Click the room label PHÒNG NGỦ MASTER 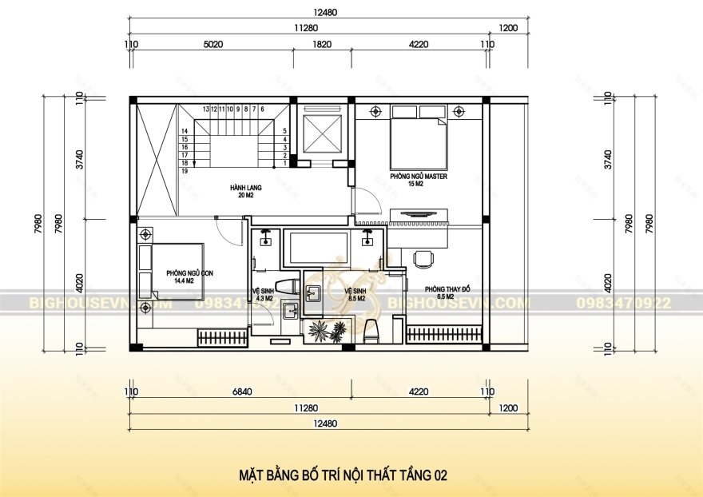point(418,176)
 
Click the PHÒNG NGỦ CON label point(189,273)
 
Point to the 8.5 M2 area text point(355,298)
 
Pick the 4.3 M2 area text point(263,298)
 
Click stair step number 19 point(185,171)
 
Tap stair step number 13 point(205,109)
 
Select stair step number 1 point(284,163)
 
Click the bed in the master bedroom point(418,141)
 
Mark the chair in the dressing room point(423,257)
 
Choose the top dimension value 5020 point(212,46)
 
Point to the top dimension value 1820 point(321,46)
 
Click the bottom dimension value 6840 point(240,392)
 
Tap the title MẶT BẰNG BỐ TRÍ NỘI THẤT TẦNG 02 point(343,475)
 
